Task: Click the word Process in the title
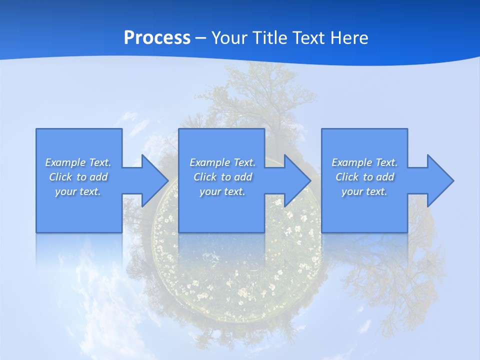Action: coord(157,37)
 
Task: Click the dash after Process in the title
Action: coord(200,38)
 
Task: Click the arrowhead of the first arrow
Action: coord(155,180)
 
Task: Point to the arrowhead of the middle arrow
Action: coord(298,180)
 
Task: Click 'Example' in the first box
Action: coord(65,162)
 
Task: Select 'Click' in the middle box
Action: coord(204,177)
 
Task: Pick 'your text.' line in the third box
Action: coord(364,191)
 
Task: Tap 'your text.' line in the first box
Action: coord(78,191)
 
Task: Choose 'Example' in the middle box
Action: coord(209,162)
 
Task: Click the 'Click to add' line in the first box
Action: coord(78,177)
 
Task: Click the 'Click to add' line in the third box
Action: coord(365,177)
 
